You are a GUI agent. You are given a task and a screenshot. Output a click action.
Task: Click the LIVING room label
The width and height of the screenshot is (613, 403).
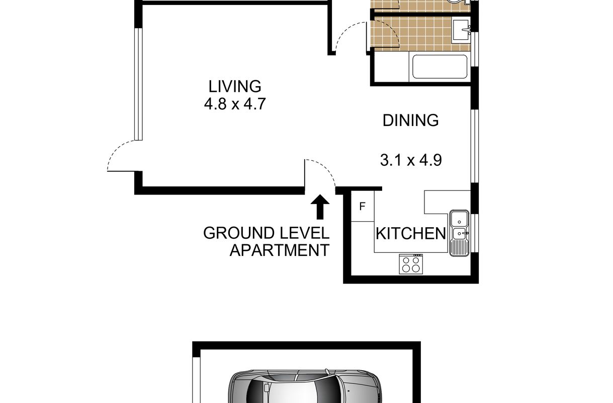pyautogui.click(x=235, y=86)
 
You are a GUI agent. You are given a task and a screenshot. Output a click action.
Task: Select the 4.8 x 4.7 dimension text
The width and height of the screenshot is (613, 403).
pyautogui.click(x=235, y=104)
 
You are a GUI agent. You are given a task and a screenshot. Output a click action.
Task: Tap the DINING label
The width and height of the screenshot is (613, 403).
pyautogui.click(x=410, y=120)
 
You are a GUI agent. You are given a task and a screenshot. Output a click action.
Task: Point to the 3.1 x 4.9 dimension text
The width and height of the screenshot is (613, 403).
pyautogui.click(x=411, y=160)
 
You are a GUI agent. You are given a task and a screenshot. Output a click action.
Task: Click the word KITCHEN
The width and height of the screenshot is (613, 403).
pyautogui.click(x=411, y=234)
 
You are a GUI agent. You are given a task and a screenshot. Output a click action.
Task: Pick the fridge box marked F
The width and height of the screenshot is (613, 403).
pyautogui.click(x=363, y=206)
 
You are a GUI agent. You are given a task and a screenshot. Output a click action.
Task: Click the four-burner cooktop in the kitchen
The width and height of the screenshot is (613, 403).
pyautogui.click(x=411, y=264)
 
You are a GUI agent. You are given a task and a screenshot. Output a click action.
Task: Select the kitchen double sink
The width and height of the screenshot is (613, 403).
pyautogui.click(x=460, y=233)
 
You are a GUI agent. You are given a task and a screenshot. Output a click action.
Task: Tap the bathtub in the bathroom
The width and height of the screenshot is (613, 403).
pyautogui.click(x=440, y=66)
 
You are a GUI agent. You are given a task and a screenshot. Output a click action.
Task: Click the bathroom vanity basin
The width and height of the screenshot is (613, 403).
pyautogui.click(x=461, y=30)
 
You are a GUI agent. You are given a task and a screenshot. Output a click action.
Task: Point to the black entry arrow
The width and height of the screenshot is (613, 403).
pyautogui.click(x=320, y=207)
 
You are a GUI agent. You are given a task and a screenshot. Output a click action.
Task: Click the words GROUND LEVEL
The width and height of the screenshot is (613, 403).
pyautogui.click(x=266, y=233)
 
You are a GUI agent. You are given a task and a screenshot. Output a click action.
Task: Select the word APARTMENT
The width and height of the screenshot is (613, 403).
pyautogui.click(x=279, y=250)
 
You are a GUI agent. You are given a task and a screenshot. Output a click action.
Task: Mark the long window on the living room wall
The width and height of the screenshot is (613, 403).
pyautogui.click(x=138, y=84)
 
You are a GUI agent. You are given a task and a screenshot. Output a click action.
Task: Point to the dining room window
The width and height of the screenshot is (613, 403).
pyautogui.click(x=475, y=146)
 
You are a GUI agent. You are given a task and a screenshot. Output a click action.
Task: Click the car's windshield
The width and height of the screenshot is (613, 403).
pyautogui.click(x=326, y=389)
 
